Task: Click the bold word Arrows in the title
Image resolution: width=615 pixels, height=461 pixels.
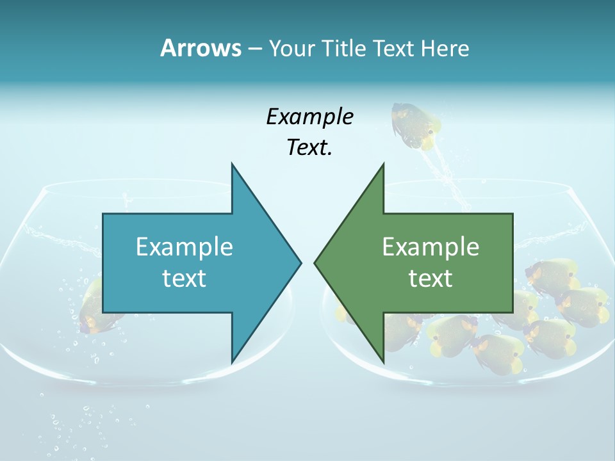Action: point(200,48)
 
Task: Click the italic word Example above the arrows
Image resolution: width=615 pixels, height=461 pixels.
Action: point(309,117)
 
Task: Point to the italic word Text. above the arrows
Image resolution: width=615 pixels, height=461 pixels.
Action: point(309,147)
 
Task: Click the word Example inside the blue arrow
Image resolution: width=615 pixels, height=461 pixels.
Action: point(184,247)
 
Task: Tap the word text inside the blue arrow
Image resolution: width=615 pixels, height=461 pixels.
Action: point(184,278)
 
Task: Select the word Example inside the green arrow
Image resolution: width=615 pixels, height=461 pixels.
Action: point(430,247)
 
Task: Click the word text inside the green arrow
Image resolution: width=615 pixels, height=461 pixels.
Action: point(430,278)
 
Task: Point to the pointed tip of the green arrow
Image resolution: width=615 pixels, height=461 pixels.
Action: point(315,263)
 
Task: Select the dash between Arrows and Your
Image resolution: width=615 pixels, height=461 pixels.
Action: point(254,49)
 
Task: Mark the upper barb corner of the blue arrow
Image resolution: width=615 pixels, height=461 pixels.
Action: point(232,165)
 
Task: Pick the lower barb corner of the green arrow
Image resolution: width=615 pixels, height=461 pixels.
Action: point(383,362)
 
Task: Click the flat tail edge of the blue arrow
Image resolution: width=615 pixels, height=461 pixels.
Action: point(103,263)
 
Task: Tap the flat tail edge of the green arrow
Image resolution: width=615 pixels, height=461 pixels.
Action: point(512,263)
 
